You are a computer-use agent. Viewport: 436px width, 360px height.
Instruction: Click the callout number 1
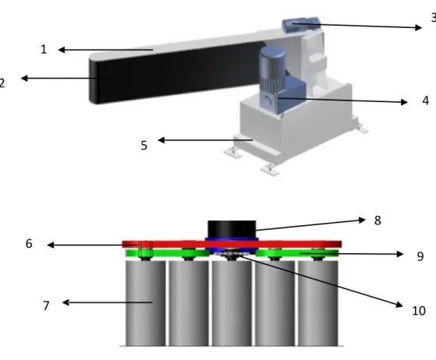pos(44,50)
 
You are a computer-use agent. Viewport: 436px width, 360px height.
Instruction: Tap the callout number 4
pos(425,101)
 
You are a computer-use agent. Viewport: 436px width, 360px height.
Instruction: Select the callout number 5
pos(144,146)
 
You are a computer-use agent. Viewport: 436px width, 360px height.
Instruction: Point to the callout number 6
pos(29,244)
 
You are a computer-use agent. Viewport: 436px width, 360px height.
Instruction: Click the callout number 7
pos(47,305)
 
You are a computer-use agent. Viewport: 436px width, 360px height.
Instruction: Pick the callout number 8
pos(378,221)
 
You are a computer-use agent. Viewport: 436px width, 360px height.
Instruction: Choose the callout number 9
pos(420,256)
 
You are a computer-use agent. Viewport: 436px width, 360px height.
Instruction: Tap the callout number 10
pos(419,311)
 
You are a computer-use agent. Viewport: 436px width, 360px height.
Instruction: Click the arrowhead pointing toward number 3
pos(419,27)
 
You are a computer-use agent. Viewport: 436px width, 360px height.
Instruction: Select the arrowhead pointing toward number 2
pos(24,78)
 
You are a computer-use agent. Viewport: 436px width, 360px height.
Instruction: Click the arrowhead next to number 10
pos(399,305)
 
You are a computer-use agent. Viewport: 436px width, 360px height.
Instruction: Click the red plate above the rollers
pos(232,244)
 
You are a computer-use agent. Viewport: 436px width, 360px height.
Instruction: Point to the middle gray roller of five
pos(232,303)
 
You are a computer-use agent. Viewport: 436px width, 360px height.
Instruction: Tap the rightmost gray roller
pos(318,303)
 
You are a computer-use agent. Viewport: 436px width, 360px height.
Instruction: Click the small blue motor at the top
pos(301,24)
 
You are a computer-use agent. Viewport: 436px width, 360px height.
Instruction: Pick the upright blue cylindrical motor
pos(272,68)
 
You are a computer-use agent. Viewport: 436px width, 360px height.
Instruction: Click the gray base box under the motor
pos(296,126)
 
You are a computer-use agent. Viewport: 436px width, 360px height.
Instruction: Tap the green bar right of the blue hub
pos(297,253)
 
